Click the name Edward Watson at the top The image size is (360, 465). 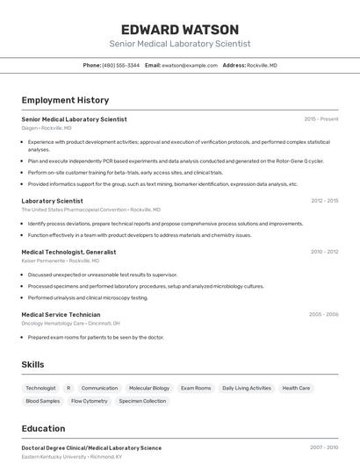[180, 29]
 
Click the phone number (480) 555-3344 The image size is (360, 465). [120, 65]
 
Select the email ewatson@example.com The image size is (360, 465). [189, 65]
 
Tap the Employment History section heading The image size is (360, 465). [65, 100]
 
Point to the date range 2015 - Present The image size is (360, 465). [320, 119]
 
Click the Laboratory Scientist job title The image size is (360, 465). [52, 201]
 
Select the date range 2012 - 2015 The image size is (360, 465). [324, 201]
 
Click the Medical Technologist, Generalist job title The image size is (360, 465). [68, 252]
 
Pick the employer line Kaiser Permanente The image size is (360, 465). [60, 261]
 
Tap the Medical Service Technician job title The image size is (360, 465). [61, 314]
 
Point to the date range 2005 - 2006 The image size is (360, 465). [323, 314]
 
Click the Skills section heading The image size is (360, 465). [32, 364]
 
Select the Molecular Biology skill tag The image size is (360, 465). [149, 388]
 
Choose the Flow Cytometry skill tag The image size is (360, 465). [90, 401]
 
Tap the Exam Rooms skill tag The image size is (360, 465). [196, 388]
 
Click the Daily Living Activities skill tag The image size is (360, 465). [247, 388]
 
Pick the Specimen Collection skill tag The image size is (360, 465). [142, 401]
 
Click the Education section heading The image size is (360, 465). [43, 428]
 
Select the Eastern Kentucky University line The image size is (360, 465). [71, 456]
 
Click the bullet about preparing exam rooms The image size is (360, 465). [96, 337]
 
